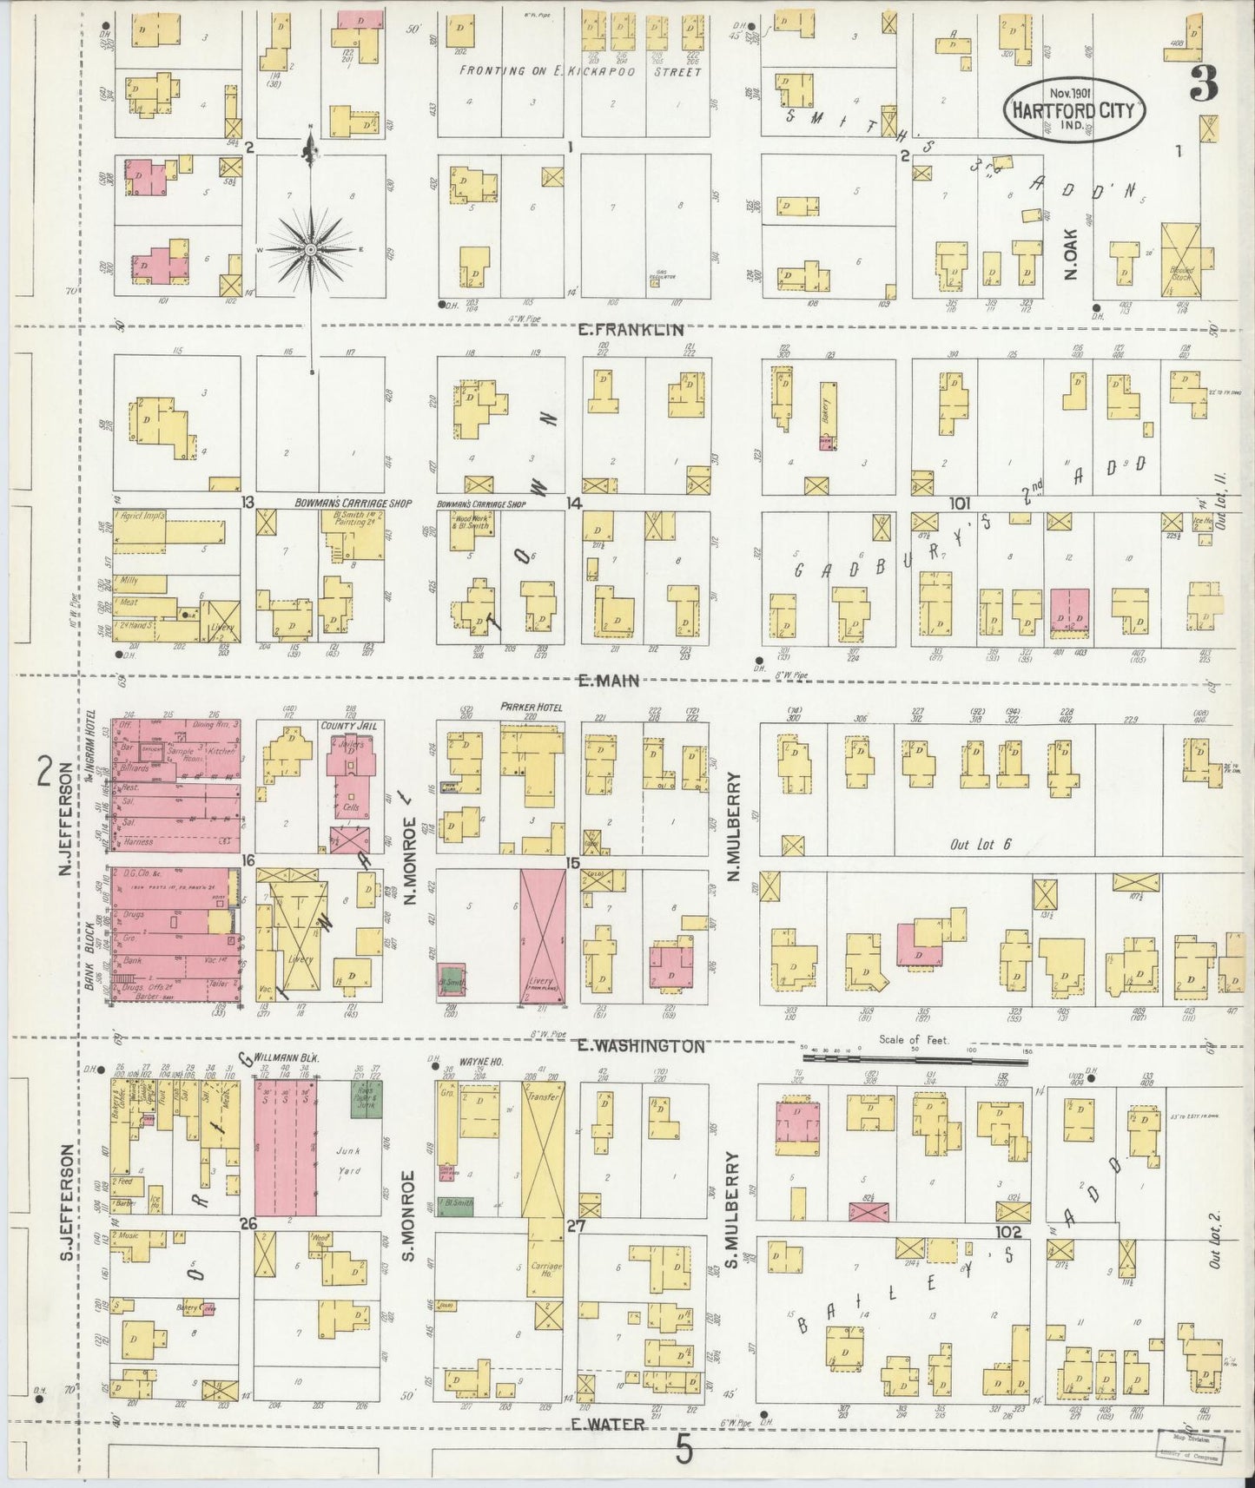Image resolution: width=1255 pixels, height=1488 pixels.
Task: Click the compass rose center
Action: [311, 250]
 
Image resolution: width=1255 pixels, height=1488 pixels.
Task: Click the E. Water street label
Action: [609, 1424]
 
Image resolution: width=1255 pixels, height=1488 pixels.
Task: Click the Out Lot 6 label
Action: [981, 844]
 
